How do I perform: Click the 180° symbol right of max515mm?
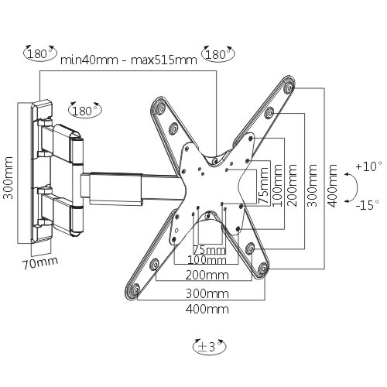coord(217,55)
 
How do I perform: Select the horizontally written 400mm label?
coord(208,309)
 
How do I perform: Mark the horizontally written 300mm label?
coord(208,293)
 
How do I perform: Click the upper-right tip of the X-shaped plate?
coord(288,84)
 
